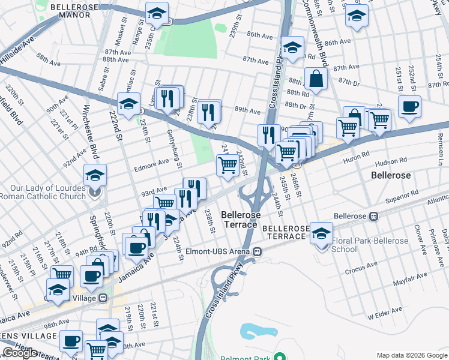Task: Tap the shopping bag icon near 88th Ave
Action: pos(316,78)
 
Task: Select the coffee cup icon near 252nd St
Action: pos(409,107)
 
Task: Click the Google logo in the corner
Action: pos(20,353)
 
